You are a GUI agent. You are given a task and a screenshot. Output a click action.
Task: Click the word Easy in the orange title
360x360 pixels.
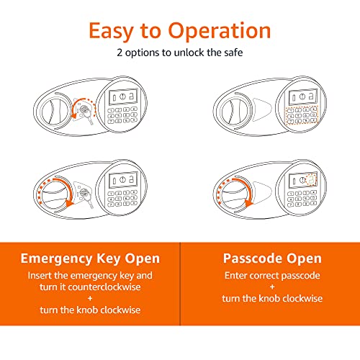tap(111, 31)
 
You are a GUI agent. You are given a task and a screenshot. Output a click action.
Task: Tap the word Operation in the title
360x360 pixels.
tap(220, 31)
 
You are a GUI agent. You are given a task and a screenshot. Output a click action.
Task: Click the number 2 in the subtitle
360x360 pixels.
tap(120, 53)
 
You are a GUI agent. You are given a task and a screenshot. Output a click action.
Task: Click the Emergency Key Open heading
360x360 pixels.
tap(90, 258)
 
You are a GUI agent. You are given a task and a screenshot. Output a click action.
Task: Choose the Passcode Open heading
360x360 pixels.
tap(272, 258)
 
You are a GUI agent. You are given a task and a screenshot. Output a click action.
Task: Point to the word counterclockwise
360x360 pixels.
tap(104, 287)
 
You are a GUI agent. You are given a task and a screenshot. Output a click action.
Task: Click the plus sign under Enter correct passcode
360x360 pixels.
tap(272, 287)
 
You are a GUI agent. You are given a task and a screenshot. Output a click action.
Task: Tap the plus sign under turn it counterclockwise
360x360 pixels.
tap(90, 298)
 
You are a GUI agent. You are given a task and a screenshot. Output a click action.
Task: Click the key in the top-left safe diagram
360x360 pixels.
tap(86, 114)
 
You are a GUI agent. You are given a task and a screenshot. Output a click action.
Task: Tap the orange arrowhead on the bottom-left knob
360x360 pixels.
tap(70, 203)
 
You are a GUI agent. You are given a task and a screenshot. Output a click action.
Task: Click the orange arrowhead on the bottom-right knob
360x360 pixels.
tap(248, 204)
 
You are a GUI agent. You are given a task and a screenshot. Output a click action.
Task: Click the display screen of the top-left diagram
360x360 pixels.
tap(123, 96)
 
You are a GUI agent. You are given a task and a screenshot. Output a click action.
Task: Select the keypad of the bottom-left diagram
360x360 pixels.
tap(122, 198)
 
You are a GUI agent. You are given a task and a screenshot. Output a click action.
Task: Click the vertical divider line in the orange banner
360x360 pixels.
tap(180, 284)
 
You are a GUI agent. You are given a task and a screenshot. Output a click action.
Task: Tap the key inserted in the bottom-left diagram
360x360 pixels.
tap(86, 197)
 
